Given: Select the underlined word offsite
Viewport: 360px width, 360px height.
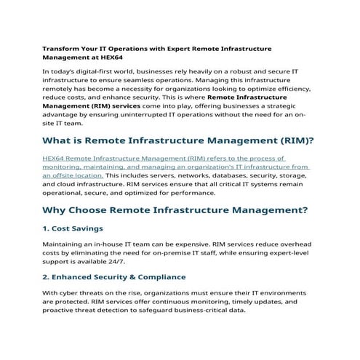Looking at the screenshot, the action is pyautogui.click(x=63, y=175).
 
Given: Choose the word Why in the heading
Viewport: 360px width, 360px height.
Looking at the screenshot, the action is pyautogui.click(x=56, y=210).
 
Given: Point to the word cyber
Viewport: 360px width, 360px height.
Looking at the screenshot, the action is pyautogui.click(x=68, y=292).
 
